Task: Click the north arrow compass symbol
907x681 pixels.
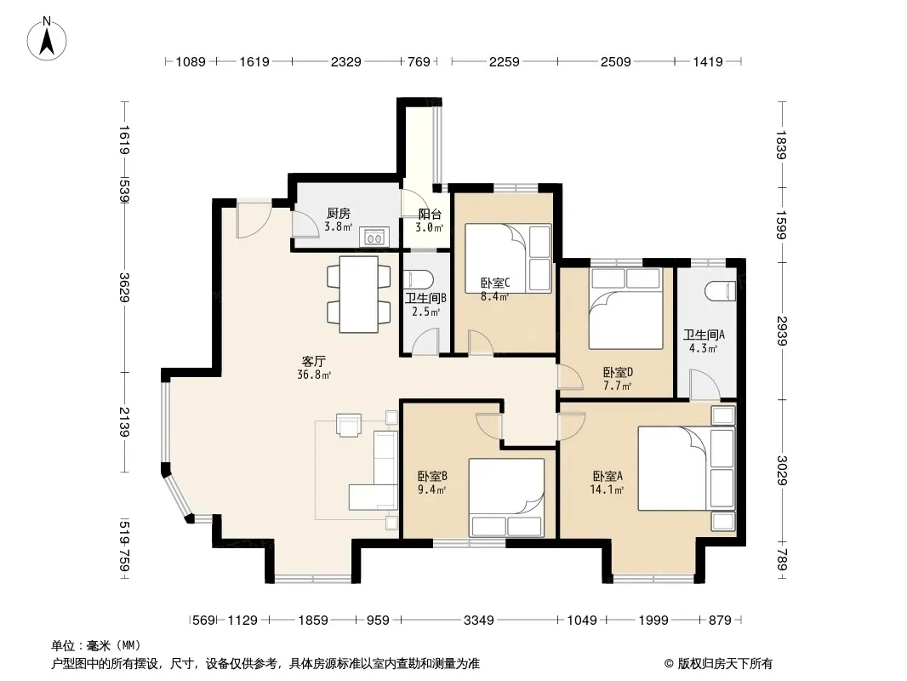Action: [47, 39]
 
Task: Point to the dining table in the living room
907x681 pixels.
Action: [359, 294]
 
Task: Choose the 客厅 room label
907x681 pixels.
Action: [313, 362]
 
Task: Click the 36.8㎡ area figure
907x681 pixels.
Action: [314, 375]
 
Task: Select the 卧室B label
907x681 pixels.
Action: [432, 476]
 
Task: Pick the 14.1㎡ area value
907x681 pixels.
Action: [607, 490]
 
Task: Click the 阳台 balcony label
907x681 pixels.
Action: [430, 214]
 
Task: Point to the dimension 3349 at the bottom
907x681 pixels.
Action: [479, 621]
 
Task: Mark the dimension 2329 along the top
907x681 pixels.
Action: [346, 61]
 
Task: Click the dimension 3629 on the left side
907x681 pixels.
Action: [123, 286]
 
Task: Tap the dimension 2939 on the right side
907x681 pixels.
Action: [782, 330]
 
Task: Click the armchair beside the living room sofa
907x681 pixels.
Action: [349, 426]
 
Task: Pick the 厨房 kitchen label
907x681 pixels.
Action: [339, 214]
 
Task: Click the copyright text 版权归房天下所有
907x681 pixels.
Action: [725, 664]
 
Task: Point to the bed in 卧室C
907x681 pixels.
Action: [508, 258]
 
